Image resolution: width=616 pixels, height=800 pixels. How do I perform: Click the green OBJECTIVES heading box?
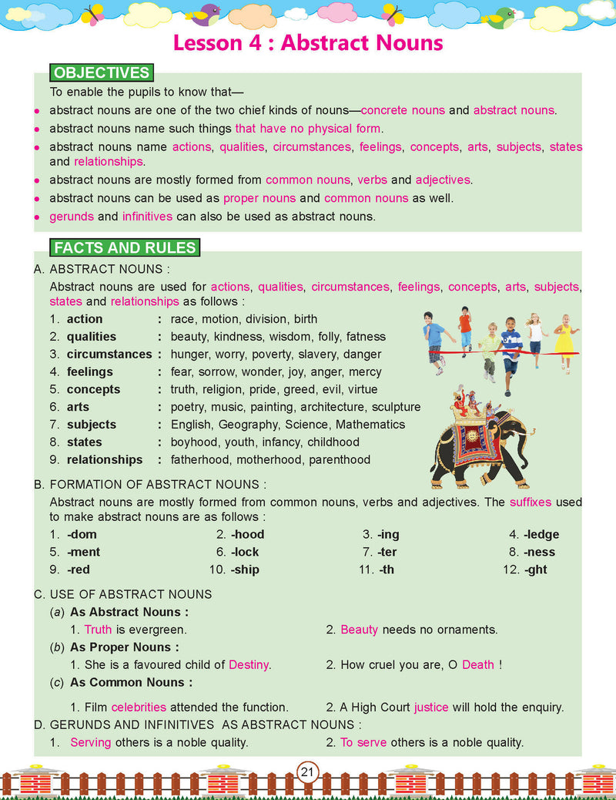point(100,73)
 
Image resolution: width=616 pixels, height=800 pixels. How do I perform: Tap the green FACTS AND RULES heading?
point(124,248)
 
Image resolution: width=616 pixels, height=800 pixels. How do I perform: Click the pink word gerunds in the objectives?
point(72,217)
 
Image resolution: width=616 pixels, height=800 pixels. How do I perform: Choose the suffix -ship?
point(244,570)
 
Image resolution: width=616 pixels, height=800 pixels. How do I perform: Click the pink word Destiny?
point(249,664)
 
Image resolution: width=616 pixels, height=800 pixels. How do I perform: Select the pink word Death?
point(478,664)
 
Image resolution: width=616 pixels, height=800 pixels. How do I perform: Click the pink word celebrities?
point(139,707)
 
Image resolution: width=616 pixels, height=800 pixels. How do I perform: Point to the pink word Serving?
point(90,743)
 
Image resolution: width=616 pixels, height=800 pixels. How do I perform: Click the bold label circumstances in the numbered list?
point(109,355)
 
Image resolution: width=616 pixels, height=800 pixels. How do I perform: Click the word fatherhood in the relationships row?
point(201,460)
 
